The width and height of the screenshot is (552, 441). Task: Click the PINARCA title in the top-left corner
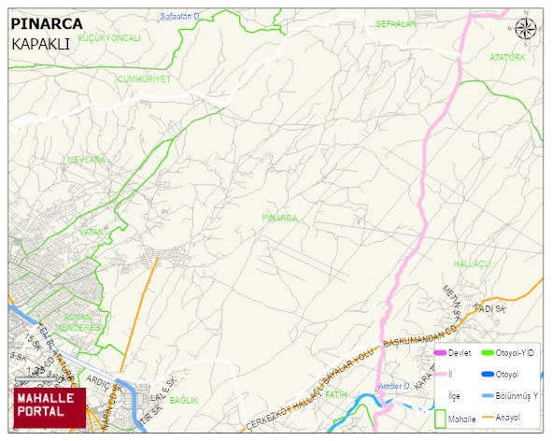(x=47, y=23)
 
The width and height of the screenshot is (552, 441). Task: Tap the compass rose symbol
(x=526, y=29)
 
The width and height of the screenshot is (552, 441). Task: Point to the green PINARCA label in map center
(x=279, y=218)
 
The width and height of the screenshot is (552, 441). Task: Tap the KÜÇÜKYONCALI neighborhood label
(x=109, y=37)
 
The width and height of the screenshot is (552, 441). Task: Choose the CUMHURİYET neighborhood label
(x=145, y=79)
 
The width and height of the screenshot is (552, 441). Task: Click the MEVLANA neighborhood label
(x=86, y=160)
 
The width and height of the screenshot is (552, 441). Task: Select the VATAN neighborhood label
(x=91, y=232)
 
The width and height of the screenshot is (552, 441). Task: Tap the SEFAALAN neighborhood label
(x=395, y=23)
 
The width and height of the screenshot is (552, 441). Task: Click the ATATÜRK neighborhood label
(x=508, y=58)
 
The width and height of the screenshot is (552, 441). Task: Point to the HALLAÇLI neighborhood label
(x=472, y=264)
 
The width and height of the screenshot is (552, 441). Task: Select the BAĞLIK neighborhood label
(x=184, y=400)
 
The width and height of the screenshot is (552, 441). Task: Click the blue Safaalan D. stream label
(x=180, y=17)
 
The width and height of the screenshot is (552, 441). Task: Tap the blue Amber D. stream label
(x=394, y=387)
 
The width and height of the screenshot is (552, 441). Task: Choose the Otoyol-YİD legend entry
(x=514, y=352)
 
